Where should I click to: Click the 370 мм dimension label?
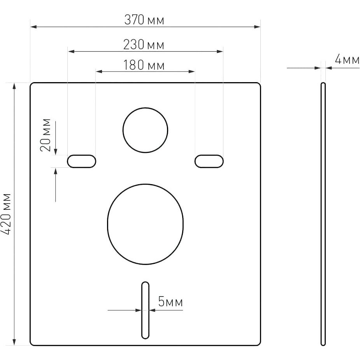pyautogui.click(x=144, y=20)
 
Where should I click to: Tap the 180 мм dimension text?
pyautogui.click(x=144, y=65)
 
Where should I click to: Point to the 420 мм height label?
pyautogui.click(x=6, y=214)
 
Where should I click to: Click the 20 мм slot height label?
pyautogui.click(x=45, y=135)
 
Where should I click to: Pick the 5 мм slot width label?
pyautogui.click(x=170, y=302)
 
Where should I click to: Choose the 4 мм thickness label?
pyautogui.click(x=347, y=60)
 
